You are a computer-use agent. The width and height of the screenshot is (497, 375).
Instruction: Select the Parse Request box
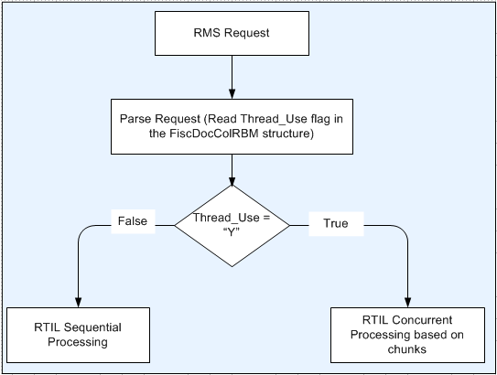(232, 127)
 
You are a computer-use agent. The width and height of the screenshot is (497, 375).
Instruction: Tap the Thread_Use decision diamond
(232, 224)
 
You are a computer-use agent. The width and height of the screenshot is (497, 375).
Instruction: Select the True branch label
(335, 223)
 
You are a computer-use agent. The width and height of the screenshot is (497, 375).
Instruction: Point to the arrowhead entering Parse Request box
(232, 96)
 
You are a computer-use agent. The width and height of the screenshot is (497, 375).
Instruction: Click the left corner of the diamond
(176, 224)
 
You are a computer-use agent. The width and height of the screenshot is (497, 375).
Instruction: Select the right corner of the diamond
(289, 224)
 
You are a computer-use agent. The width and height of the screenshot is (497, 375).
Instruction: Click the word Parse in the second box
(135, 120)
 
